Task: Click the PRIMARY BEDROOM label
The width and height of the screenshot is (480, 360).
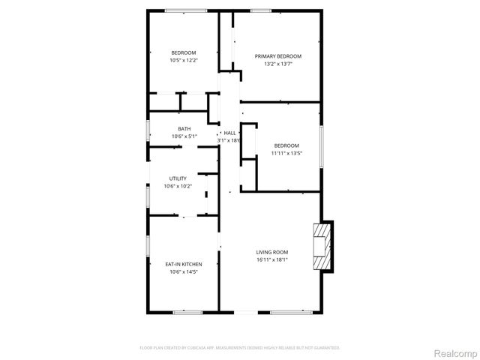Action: tap(278, 56)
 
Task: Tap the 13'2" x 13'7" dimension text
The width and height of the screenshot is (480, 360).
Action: tap(278, 64)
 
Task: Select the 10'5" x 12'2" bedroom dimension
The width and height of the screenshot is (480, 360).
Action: tap(184, 60)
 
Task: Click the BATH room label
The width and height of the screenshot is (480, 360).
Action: tap(184, 129)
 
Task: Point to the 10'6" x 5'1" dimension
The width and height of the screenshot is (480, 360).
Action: tap(184, 136)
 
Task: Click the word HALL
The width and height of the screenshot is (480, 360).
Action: tap(229, 133)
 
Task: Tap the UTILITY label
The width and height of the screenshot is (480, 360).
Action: tap(178, 178)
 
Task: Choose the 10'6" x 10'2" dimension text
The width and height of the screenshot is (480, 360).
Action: tap(178, 186)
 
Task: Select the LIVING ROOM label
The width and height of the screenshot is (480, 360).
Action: tap(272, 252)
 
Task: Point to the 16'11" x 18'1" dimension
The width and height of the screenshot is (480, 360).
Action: tap(272, 260)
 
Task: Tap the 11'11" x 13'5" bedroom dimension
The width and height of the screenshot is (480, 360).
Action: tap(286, 153)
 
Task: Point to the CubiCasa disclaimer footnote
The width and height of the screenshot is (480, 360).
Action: tap(240, 347)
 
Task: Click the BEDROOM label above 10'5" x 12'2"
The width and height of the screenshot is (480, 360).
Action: tap(184, 52)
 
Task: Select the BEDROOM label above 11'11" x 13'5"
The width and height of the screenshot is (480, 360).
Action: tap(286, 145)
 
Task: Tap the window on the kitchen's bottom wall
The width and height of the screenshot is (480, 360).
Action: tap(187, 312)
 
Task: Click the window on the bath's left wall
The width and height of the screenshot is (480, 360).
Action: tap(148, 129)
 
